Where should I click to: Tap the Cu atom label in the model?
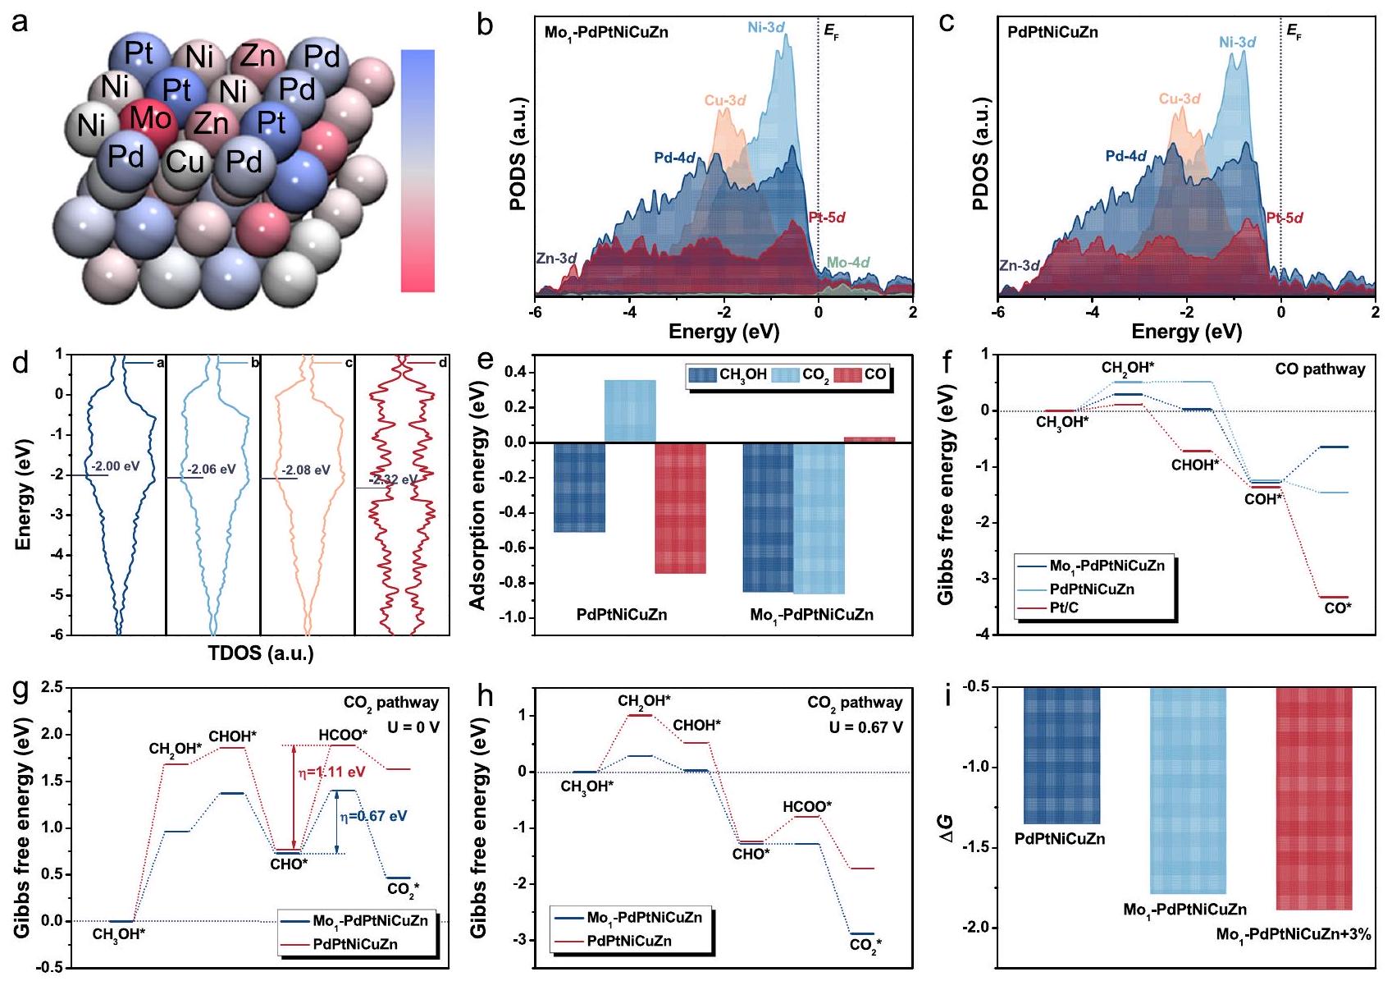185,162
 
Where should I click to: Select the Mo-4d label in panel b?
847,263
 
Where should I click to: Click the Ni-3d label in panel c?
1237,42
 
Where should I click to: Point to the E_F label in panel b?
831,34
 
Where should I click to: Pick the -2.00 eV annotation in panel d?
115,466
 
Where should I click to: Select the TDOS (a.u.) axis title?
261,653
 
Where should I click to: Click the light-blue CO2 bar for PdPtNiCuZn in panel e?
630,410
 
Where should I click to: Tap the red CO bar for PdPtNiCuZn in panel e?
680,507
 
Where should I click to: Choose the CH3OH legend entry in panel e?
728,375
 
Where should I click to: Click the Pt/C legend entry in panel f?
1064,608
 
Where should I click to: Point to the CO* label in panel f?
1338,608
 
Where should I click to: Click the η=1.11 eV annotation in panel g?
331,772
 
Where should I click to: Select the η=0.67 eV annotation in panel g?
373,816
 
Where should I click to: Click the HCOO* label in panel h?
806,807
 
